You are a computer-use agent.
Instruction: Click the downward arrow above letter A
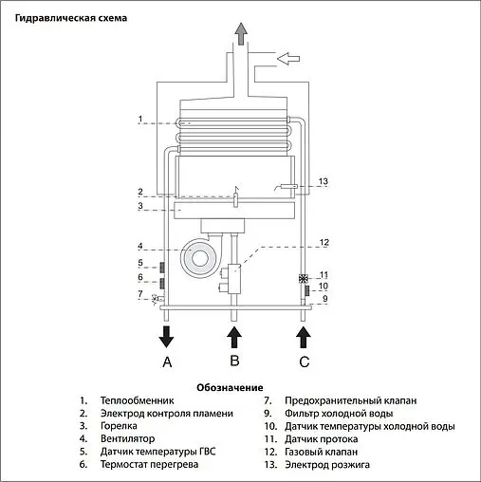(x=166, y=335)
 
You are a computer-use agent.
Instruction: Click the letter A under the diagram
(x=166, y=361)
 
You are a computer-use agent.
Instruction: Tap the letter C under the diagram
(x=304, y=361)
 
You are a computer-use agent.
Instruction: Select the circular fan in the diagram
(x=200, y=254)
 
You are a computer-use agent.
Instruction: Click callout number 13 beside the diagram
(x=323, y=181)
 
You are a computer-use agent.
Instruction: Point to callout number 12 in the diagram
(x=323, y=243)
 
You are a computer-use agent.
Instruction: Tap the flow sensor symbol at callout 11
(x=304, y=279)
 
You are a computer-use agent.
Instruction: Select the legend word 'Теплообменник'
(x=137, y=401)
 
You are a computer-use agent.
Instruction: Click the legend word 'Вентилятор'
(x=129, y=439)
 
